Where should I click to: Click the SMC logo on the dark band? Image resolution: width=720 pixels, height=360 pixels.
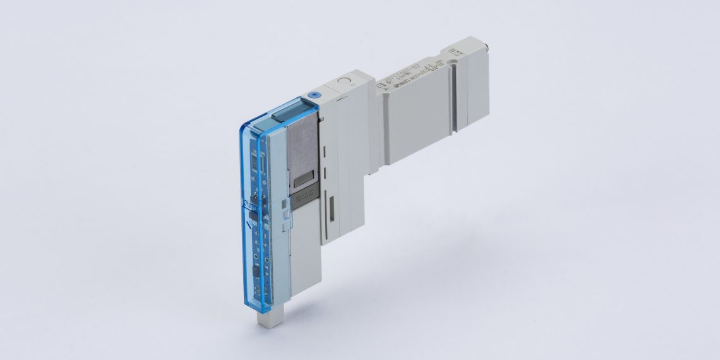(304, 201)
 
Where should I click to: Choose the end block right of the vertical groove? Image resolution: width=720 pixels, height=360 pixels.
(474, 88)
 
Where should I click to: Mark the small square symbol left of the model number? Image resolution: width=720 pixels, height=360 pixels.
(381, 84)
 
